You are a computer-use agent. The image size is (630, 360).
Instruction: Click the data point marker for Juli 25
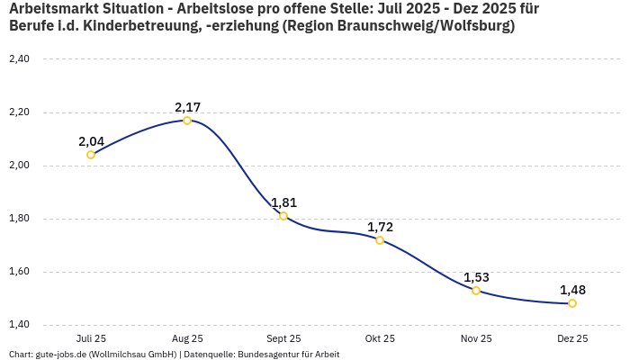point(91,155)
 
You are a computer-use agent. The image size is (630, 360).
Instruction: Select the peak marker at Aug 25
point(187,121)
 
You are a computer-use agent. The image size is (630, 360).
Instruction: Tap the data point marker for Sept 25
point(283,216)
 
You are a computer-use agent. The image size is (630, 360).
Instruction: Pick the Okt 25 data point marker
point(380,240)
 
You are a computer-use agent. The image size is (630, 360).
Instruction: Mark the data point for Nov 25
point(476,291)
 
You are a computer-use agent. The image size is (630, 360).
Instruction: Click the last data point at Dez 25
point(572,303)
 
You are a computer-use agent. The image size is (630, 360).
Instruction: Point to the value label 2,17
point(187,107)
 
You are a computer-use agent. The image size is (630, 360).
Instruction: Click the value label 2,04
point(91,141)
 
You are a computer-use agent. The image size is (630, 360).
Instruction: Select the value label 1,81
point(283,202)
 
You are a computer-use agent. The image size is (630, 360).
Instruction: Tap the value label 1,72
point(380,227)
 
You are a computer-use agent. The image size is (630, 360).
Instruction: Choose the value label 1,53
point(476,277)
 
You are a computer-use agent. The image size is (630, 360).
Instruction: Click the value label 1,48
point(572,290)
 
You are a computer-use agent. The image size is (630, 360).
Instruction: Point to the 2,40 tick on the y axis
point(19,59)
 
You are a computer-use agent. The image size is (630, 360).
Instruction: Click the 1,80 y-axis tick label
point(19,219)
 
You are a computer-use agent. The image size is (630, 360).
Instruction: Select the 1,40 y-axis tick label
point(19,325)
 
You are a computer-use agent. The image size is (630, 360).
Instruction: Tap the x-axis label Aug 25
point(187,339)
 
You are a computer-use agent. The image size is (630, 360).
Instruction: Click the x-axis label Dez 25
point(572,339)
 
